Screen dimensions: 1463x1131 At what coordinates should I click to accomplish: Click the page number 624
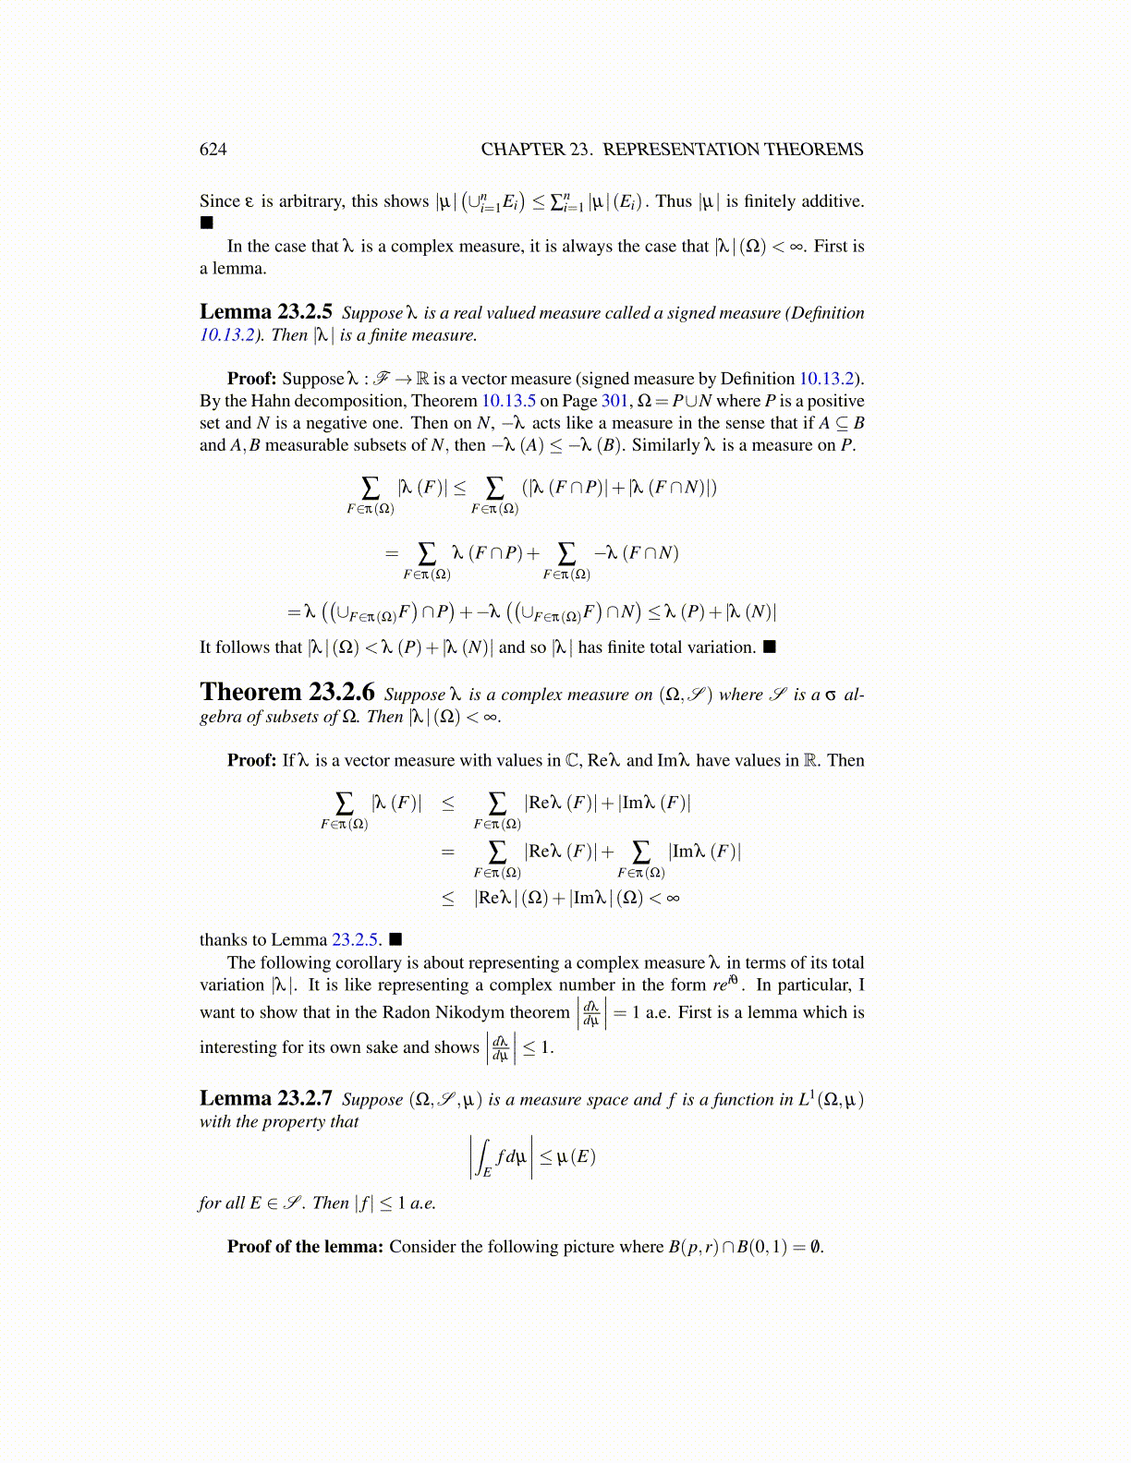tap(213, 150)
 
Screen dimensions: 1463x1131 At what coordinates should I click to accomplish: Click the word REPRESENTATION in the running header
tap(681, 150)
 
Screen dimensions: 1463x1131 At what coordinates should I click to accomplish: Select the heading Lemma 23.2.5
tap(265, 312)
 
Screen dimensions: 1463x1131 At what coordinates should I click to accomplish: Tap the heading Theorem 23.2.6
tap(287, 693)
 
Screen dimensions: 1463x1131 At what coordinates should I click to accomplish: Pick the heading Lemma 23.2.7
tap(265, 1098)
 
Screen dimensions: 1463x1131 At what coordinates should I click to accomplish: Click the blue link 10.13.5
tap(508, 401)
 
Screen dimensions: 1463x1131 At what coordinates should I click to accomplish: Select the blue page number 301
tap(614, 401)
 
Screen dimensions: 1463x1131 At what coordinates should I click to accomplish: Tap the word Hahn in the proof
tap(261, 401)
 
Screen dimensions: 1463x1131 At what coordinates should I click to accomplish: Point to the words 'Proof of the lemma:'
tap(305, 1247)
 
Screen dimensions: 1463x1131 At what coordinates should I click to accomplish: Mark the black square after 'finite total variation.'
tap(770, 647)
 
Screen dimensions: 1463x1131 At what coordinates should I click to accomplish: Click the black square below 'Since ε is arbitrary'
tap(206, 223)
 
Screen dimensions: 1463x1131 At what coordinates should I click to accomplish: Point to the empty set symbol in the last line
tap(814, 1247)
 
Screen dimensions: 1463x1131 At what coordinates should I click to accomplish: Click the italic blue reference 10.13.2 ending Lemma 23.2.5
tap(226, 335)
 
